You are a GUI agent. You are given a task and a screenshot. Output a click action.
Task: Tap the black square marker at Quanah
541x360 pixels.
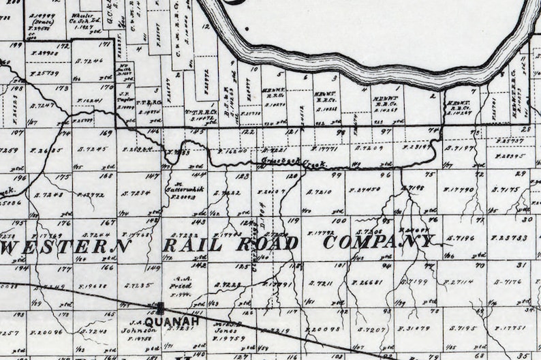click(161, 308)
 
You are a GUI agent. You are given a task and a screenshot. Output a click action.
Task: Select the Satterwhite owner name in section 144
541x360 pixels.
click(181, 192)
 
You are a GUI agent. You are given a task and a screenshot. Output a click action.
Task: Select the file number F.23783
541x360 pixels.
click(510, 238)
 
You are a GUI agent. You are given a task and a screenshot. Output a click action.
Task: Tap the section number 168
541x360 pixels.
click(106, 177)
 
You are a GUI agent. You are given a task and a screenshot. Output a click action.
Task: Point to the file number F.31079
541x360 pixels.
click(414, 328)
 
